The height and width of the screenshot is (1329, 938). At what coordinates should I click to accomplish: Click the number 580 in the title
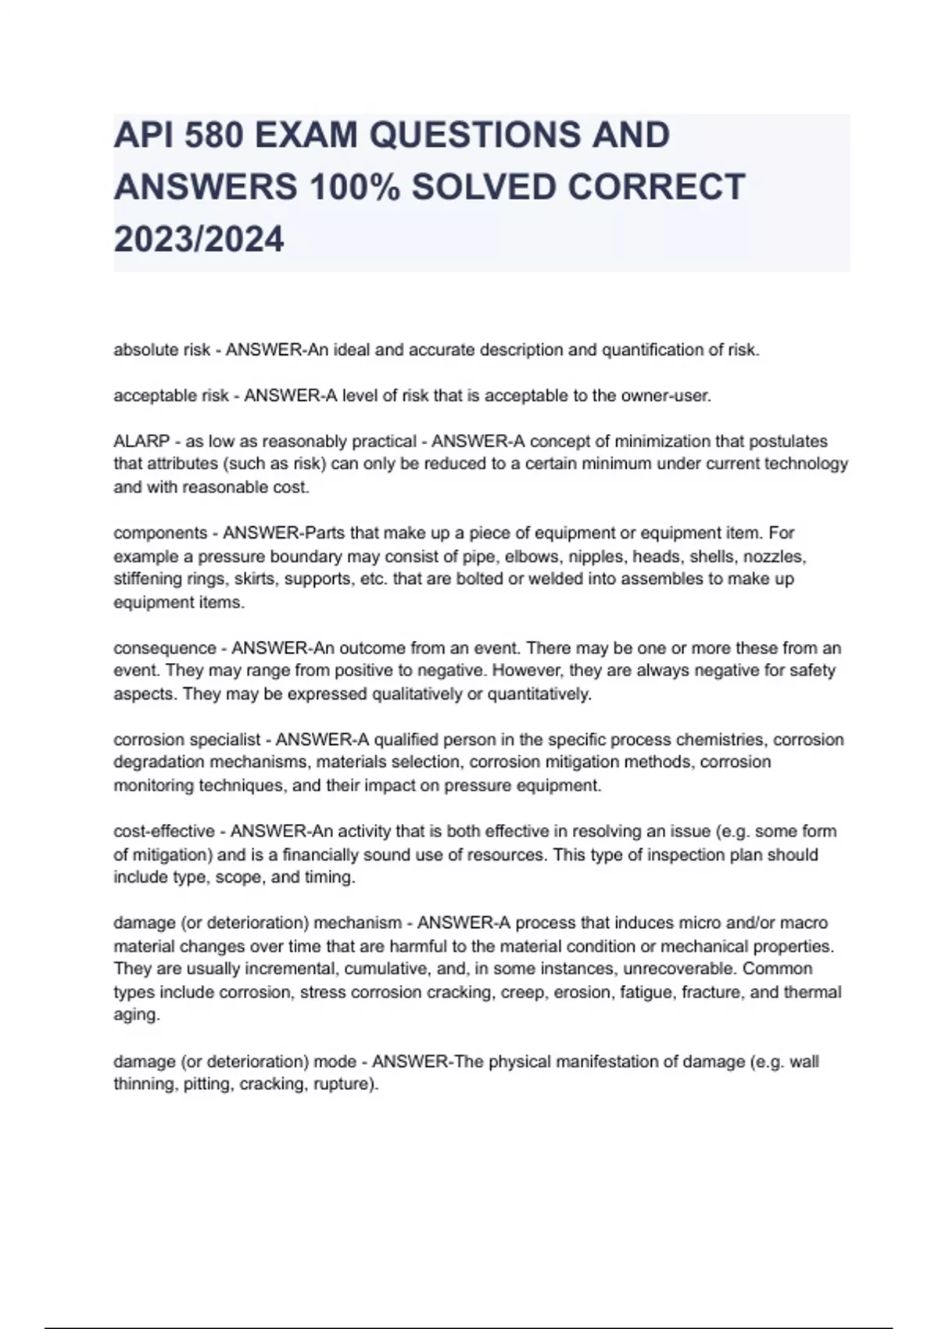(x=213, y=135)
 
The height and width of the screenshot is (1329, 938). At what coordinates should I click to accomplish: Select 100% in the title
(x=354, y=188)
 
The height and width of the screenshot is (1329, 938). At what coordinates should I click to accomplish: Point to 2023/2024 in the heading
(x=199, y=239)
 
